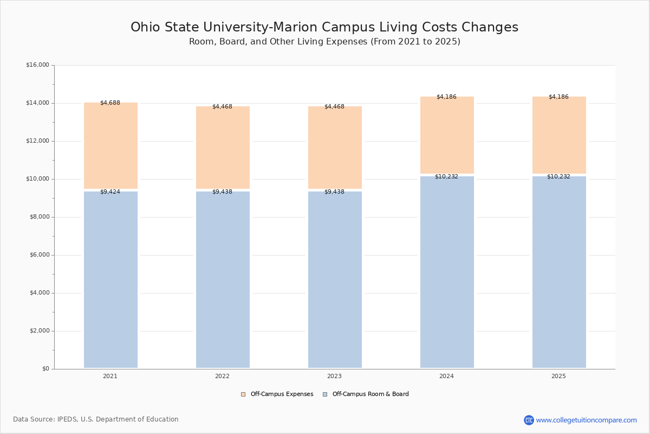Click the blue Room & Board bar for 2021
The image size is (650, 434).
(x=110, y=279)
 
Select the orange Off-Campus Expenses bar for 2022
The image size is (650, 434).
(x=223, y=148)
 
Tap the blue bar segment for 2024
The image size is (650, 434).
(x=447, y=272)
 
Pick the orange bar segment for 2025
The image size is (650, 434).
(x=559, y=135)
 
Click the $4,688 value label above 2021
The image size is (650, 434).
(x=110, y=103)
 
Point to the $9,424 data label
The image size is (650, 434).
(x=110, y=192)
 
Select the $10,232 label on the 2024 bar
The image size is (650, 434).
(x=446, y=177)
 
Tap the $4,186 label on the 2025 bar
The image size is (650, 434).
(x=558, y=97)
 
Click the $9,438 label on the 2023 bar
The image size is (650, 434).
(x=334, y=192)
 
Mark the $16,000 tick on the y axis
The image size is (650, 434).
(x=37, y=65)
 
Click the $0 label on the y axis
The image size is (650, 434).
(x=45, y=369)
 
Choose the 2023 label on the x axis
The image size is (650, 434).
(x=334, y=376)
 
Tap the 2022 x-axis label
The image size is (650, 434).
(x=222, y=376)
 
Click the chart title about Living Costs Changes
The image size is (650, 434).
(x=324, y=28)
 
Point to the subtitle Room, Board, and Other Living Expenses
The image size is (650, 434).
(x=324, y=42)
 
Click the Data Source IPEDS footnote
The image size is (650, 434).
(x=96, y=419)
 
